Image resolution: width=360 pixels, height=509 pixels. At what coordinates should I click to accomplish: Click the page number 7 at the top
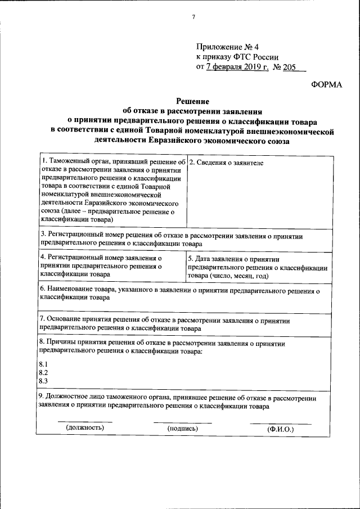192,16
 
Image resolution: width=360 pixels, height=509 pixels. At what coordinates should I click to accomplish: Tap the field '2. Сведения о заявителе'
226,163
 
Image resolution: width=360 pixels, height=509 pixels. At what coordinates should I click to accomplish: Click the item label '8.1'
43,364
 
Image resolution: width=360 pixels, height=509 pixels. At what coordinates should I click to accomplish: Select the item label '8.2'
43,372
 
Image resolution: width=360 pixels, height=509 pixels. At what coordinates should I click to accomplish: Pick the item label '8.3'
43,381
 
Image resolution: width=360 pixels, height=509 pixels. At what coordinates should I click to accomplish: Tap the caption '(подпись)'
183,429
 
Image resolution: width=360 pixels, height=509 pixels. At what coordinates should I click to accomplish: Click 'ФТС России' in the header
256,57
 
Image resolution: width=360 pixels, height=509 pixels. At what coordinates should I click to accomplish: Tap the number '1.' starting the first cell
44,161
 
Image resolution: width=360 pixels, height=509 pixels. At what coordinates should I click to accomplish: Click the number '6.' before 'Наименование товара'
42,289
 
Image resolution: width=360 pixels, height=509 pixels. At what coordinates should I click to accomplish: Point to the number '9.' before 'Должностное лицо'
42,398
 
